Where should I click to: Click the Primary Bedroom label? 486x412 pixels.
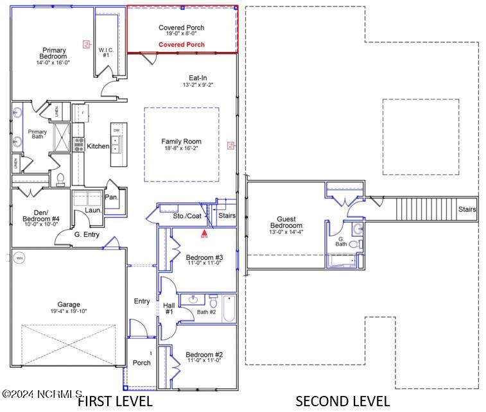click(55, 53)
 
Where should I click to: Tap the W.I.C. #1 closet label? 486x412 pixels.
click(106, 52)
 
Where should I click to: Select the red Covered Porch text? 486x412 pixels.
click(182, 45)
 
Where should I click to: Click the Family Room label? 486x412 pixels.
click(181, 142)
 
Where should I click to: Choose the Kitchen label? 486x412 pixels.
click(98, 146)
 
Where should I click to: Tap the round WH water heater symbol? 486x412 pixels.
click(19, 258)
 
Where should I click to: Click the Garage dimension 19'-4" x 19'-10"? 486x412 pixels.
click(69, 311)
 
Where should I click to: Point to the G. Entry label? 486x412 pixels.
click(87, 235)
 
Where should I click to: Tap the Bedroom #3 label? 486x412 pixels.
click(204, 258)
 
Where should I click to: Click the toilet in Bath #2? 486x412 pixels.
click(213, 300)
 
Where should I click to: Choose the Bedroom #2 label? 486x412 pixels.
click(204, 355)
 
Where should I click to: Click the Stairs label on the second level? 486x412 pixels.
click(467, 209)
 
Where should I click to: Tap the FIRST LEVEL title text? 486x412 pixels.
click(115, 402)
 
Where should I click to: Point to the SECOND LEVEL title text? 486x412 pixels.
click(342, 402)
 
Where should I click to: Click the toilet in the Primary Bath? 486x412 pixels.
click(60, 178)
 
